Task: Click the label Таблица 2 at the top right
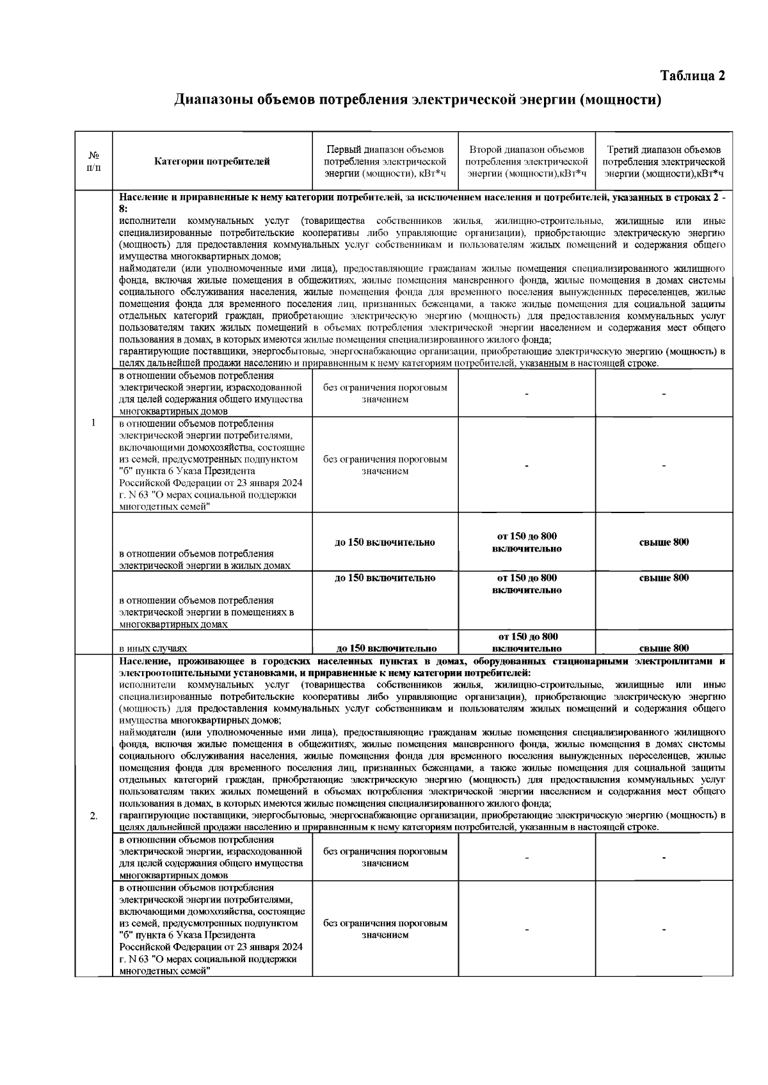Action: (x=693, y=75)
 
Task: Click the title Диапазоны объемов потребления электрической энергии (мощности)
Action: (x=417, y=100)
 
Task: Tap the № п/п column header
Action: (x=93, y=161)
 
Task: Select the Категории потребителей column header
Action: (x=212, y=161)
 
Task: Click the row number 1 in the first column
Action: (x=93, y=423)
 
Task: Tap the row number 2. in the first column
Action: (x=93, y=816)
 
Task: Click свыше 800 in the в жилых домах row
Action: (x=664, y=542)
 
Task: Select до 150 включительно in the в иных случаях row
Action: (x=385, y=648)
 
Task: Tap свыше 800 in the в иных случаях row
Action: (x=664, y=648)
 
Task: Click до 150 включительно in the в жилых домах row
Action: (x=385, y=542)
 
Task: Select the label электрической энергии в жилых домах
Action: (x=205, y=566)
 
